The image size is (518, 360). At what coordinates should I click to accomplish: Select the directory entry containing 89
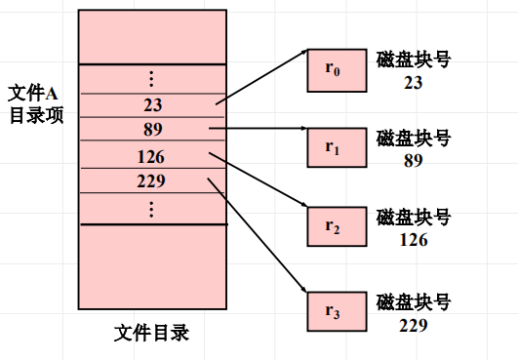tap(151, 129)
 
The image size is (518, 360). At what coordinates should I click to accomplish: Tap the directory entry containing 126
tap(151, 156)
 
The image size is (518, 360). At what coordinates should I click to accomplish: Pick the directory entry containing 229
tap(151, 180)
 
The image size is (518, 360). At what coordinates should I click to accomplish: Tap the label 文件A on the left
tap(33, 93)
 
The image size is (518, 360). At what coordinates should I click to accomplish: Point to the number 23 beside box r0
tap(412, 83)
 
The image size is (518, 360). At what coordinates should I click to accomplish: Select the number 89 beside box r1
tap(412, 159)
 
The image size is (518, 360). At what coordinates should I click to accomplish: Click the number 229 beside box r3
tap(412, 324)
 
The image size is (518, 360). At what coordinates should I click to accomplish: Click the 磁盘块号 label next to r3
tap(412, 300)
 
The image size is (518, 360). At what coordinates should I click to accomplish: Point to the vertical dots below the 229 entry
tap(151, 208)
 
